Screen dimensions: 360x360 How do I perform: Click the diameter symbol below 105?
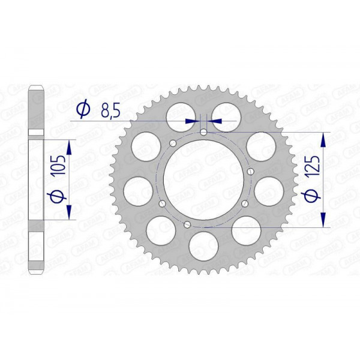[x=58, y=196]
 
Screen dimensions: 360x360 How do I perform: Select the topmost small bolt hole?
[x=203, y=132]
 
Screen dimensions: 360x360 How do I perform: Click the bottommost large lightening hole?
[x=203, y=247]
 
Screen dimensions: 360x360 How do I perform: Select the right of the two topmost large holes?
[x=227, y=112]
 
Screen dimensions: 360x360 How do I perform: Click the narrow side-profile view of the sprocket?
[x=37, y=180]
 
